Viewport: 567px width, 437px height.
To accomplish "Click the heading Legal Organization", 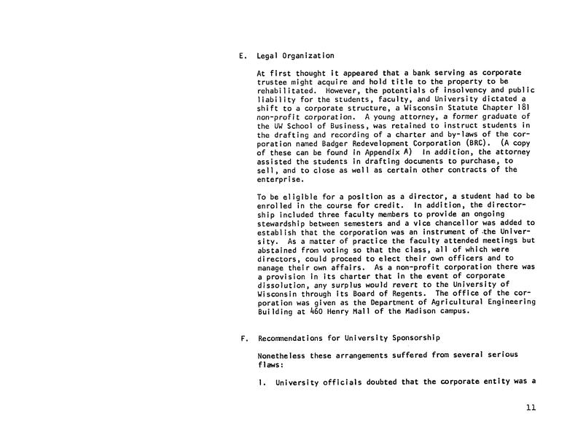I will click(x=294, y=56).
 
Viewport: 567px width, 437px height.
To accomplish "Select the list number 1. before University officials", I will click(x=261, y=379).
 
